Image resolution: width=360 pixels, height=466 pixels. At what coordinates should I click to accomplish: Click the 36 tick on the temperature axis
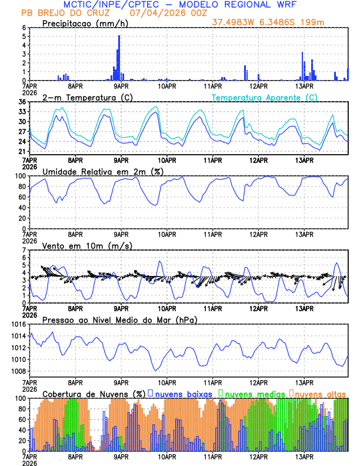click(x=22, y=102)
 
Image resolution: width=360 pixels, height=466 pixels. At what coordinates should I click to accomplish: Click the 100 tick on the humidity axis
click(x=19, y=176)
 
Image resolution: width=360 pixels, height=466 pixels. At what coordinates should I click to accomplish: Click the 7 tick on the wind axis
click(x=24, y=250)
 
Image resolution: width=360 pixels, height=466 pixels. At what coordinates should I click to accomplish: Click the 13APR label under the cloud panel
click(x=304, y=456)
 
